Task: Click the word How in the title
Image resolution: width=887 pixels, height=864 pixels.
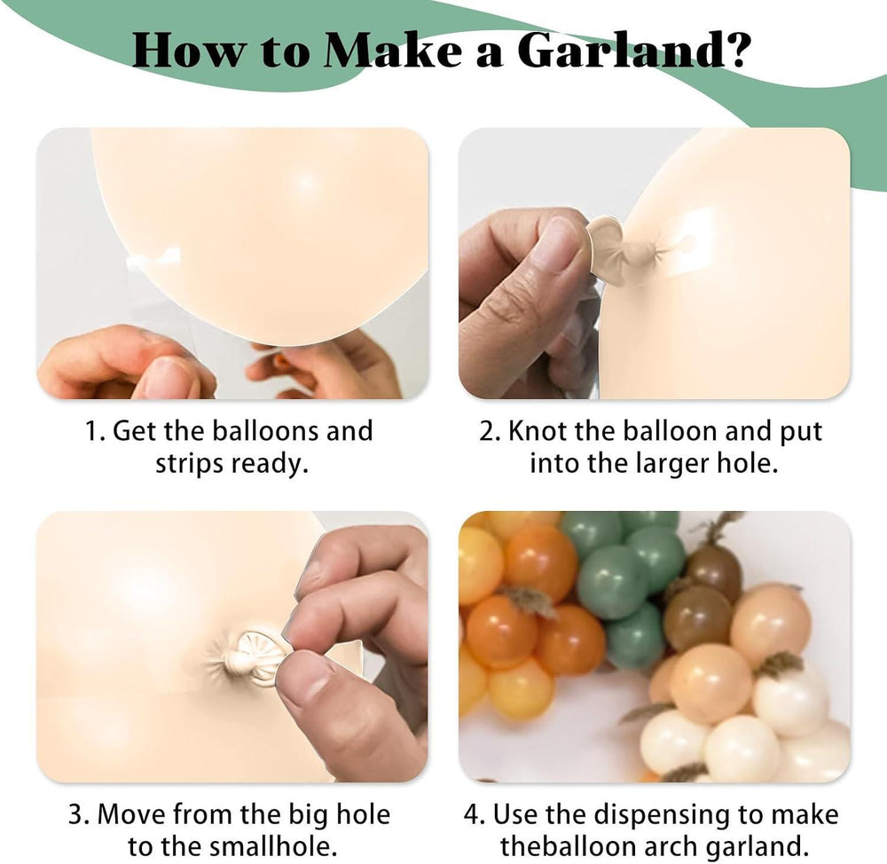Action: point(190,51)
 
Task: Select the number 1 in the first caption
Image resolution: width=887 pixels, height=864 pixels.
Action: point(92,431)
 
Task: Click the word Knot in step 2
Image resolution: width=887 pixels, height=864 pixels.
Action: point(537,431)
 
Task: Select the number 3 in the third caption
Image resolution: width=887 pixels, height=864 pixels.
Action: point(76,815)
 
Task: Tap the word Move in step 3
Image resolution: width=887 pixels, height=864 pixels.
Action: point(132,815)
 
